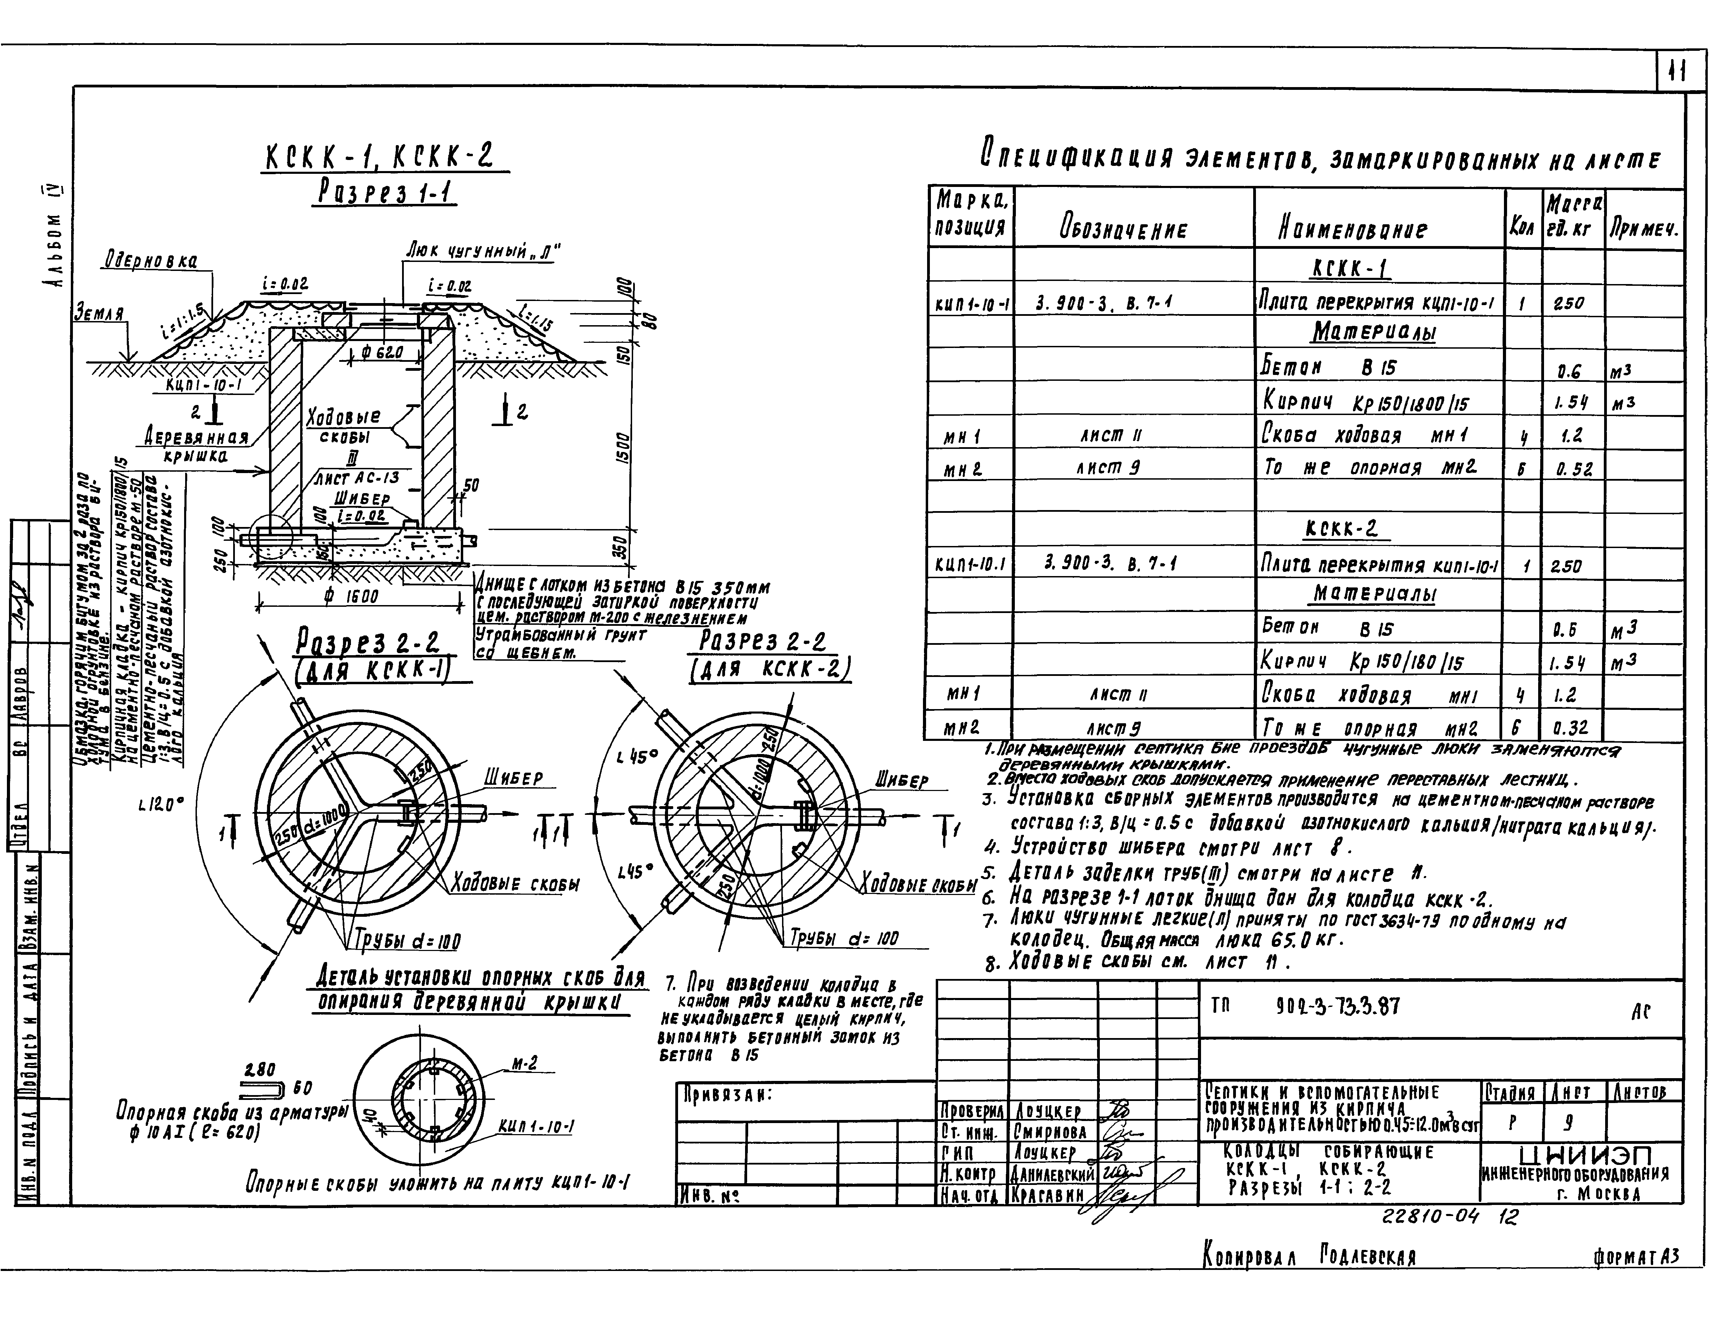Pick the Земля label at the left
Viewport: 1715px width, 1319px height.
[99, 312]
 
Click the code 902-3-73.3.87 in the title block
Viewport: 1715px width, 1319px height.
[1338, 1006]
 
